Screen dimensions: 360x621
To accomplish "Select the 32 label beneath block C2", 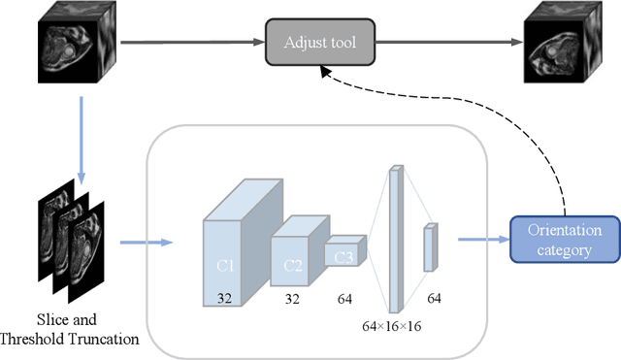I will (291, 300).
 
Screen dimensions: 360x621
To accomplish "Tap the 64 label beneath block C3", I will (344, 300).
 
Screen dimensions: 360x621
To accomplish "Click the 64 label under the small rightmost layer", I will (434, 297).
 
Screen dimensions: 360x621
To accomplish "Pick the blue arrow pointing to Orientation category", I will (479, 239).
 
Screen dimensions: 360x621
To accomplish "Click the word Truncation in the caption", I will (104, 340).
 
